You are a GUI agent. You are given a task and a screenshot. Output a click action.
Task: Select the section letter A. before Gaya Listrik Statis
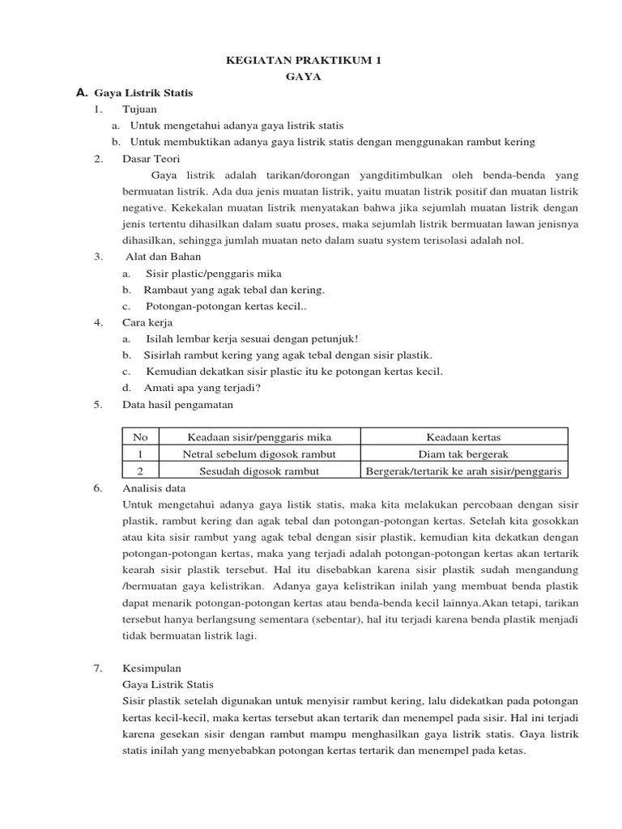click(81, 93)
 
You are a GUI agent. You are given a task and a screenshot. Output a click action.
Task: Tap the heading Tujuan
click(139, 108)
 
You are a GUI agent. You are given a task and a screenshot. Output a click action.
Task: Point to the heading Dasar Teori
click(151, 159)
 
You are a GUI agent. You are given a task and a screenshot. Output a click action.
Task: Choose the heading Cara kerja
click(147, 322)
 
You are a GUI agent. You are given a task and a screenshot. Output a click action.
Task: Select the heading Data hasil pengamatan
click(177, 404)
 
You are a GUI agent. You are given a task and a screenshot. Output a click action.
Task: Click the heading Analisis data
click(154, 488)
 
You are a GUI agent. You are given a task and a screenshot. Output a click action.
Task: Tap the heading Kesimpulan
click(151, 668)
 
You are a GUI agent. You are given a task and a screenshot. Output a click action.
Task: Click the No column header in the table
click(140, 437)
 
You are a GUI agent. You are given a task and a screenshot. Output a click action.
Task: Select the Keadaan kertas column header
click(463, 437)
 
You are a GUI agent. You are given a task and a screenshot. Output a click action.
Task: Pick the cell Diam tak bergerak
click(463, 454)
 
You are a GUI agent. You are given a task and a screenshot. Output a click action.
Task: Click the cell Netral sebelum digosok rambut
click(259, 454)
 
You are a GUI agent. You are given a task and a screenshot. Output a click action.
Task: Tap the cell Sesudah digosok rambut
click(259, 471)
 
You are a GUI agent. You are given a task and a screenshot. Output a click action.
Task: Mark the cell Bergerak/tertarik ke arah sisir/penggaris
click(463, 471)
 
